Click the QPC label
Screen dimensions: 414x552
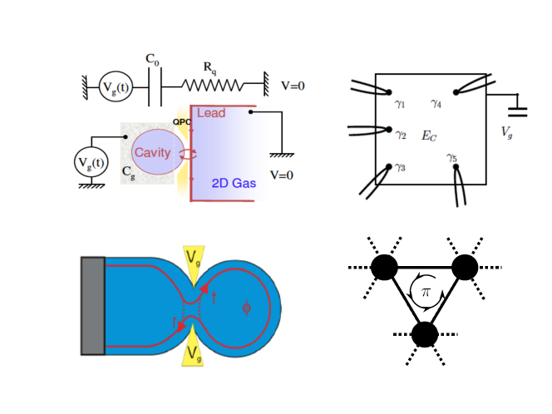pos(182,121)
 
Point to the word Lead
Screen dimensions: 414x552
pos(210,112)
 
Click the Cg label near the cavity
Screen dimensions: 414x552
pos(129,172)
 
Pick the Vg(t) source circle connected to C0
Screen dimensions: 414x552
pos(115,86)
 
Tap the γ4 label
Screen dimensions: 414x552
pos(436,104)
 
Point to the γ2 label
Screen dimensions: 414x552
pos(401,134)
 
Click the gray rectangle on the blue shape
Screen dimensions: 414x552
pos(92,306)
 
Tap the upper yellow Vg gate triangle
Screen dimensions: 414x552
pos(193,264)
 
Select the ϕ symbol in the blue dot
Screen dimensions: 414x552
pos(245,308)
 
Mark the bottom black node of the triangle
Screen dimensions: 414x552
pos(425,334)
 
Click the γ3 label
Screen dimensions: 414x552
pos(401,167)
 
